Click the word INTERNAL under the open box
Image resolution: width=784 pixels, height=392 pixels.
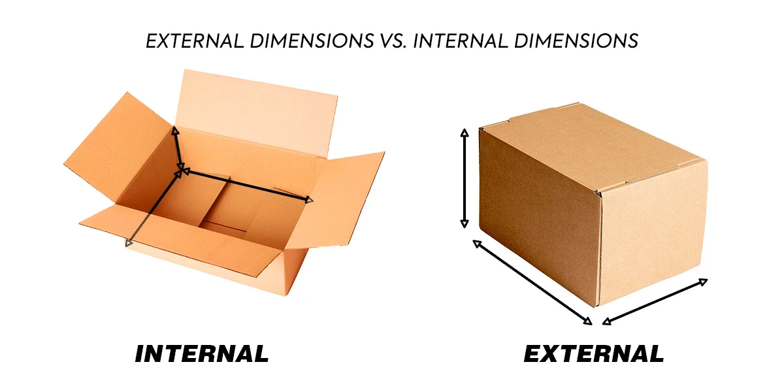point(201,353)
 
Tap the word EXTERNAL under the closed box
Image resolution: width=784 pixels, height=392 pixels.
point(593,353)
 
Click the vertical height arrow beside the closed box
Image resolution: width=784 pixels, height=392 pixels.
point(465,178)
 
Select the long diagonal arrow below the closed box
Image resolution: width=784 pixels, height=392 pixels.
point(532,282)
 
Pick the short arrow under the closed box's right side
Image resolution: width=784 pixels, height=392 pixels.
point(655,301)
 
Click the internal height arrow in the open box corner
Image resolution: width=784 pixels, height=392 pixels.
point(178,149)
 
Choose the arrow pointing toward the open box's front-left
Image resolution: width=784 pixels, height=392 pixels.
point(153,208)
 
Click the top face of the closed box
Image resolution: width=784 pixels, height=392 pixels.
point(588,147)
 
